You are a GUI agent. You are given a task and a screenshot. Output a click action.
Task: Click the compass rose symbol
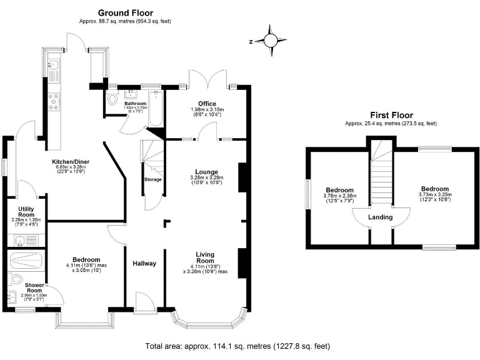[x=271, y=41]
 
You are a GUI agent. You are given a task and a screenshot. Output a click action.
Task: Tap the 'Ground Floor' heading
[x=125, y=12]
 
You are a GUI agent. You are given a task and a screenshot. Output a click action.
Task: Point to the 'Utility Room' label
[x=21, y=211]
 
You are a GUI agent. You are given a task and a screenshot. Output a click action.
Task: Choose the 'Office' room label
[x=206, y=104]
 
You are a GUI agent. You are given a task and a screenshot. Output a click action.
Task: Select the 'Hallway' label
[x=144, y=263]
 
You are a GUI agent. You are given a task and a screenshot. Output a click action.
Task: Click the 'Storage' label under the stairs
[x=153, y=180]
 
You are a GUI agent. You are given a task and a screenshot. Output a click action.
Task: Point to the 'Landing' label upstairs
[x=380, y=217]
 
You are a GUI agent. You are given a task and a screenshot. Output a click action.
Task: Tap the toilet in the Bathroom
[x=112, y=100]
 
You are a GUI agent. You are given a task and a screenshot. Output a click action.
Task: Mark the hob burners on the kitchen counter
[x=54, y=101]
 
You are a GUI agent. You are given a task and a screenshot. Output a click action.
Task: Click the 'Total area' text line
[x=237, y=346]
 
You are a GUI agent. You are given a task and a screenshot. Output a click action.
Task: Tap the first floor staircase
[x=380, y=178]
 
